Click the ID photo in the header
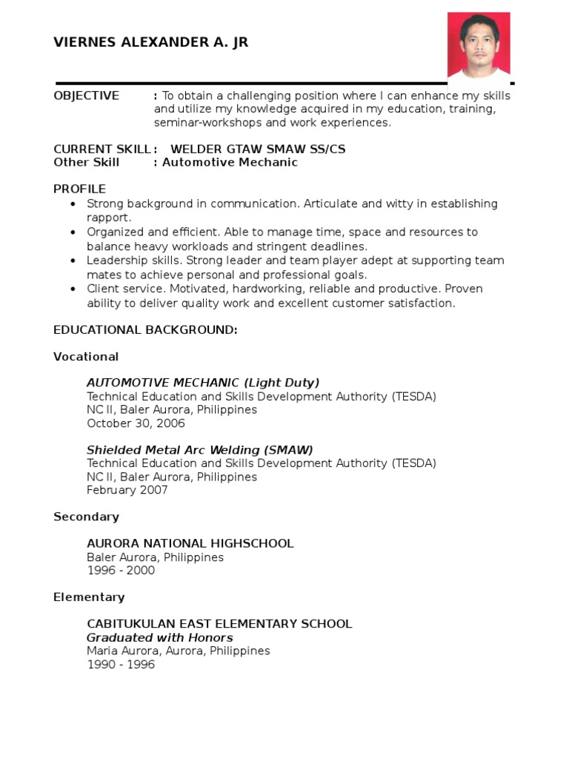[x=479, y=44]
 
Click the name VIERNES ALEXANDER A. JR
[x=150, y=42]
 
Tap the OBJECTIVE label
[x=86, y=95]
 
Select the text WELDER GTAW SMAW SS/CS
[x=258, y=149]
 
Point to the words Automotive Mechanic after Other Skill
[x=230, y=162]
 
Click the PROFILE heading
[x=79, y=189]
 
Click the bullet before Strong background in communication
[x=72, y=204]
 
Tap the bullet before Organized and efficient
[x=72, y=232]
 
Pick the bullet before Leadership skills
[x=72, y=261]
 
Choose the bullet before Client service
[x=72, y=289]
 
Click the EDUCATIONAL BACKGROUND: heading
[x=145, y=330]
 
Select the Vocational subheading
[x=86, y=357]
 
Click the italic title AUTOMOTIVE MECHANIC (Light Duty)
[x=203, y=383]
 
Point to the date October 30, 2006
[x=136, y=423]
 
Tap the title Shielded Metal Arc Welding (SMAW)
[x=200, y=450]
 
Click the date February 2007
[x=127, y=490]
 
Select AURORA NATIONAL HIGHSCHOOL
[x=190, y=543]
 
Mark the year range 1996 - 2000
[x=121, y=571]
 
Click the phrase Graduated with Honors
[x=160, y=638]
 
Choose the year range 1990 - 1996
[x=121, y=665]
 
